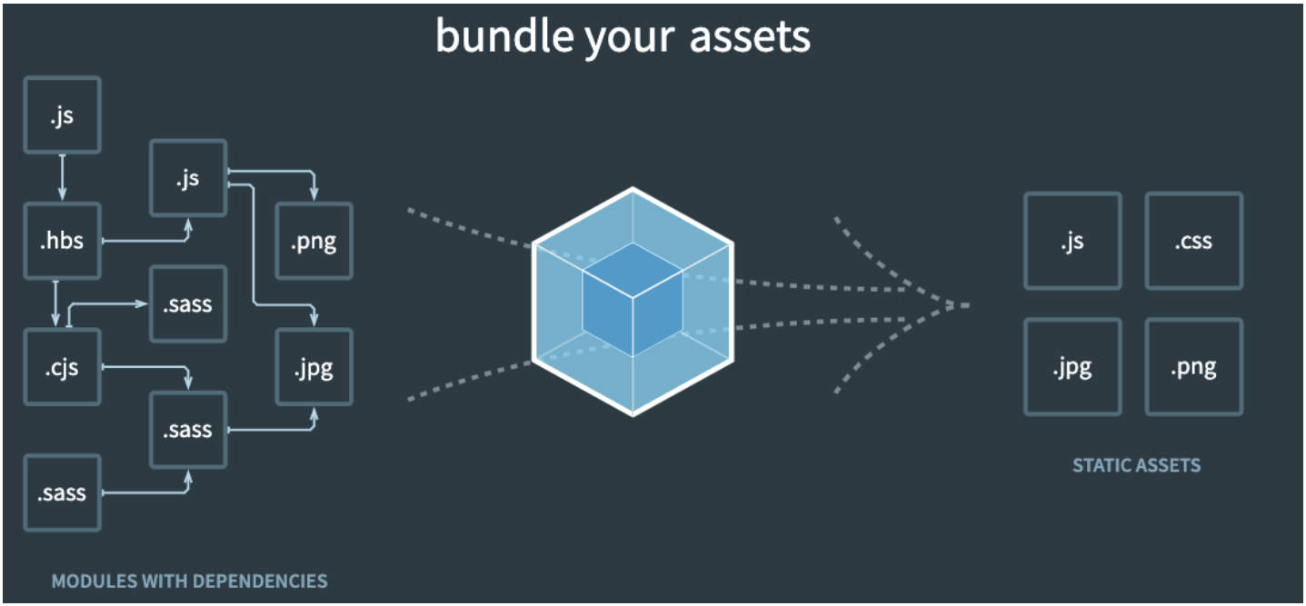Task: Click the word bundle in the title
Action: tap(505, 36)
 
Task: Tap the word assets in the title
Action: tap(750, 37)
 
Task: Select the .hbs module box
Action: tap(63, 241)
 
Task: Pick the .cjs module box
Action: tap(63, 367)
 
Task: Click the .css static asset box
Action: tap(1193, 241)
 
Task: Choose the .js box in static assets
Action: tap(1072, 241)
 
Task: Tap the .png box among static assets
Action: tap(1193, 367)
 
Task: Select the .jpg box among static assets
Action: tap(1072, 367)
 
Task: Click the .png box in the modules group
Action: tap(314, 241)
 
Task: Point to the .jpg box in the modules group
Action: tap(314, 367)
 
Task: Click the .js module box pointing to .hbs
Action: tap(63, 114)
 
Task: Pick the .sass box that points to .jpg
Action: tap(188, 430)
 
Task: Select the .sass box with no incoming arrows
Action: tap(63, 493)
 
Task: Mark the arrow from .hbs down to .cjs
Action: tap(55, 303)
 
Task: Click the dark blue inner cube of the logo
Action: tap(633, 300)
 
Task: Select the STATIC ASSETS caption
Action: tap(1136, 465)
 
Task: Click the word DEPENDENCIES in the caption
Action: tap(259, 581)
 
